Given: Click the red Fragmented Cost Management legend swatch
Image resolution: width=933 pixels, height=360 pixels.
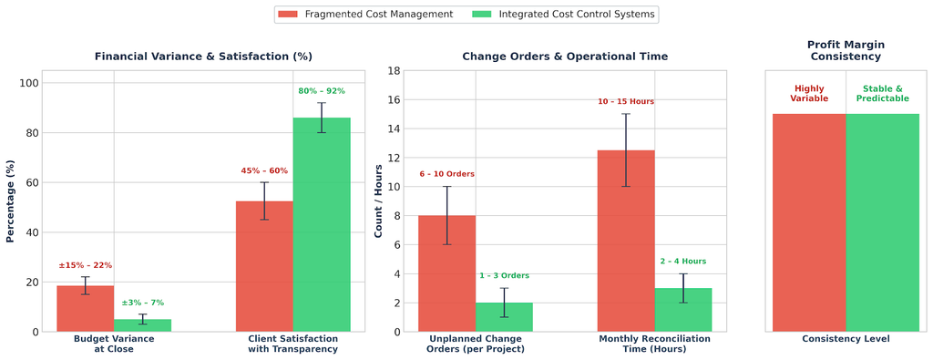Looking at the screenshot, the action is (x=289, y=14).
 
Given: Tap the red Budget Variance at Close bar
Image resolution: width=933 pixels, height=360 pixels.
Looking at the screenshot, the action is (x=85, y=308).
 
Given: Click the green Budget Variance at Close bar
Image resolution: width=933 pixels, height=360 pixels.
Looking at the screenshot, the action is (x=143, y=325).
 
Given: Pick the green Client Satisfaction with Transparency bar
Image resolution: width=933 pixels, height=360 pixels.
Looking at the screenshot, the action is (x=322, y=224).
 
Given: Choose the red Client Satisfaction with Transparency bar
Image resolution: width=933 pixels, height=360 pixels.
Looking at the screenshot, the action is (x=265, y=266).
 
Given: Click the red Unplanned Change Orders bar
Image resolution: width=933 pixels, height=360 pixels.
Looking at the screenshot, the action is (x=446, y=273).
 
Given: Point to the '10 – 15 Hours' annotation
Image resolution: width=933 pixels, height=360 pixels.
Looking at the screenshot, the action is (x=626, y=102).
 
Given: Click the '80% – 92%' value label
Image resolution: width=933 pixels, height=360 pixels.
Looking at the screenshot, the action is (x=322, y=91).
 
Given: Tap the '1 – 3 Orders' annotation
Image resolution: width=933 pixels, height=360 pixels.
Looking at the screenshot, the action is (x=504, y=275).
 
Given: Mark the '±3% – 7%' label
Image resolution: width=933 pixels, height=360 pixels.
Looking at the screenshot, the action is (x=143, y=303).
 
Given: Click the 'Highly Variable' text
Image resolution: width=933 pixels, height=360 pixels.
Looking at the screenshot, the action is (x=809, y=94).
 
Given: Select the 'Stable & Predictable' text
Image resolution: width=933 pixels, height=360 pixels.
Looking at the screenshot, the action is (x=882, y=94).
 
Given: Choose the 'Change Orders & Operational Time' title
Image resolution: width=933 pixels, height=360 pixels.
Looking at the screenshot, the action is (x=565, y=57).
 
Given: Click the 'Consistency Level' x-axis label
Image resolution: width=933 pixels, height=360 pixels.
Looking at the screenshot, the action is (x=846, y=339).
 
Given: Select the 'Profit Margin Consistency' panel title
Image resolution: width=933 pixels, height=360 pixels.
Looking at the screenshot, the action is (x=846, y=50).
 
